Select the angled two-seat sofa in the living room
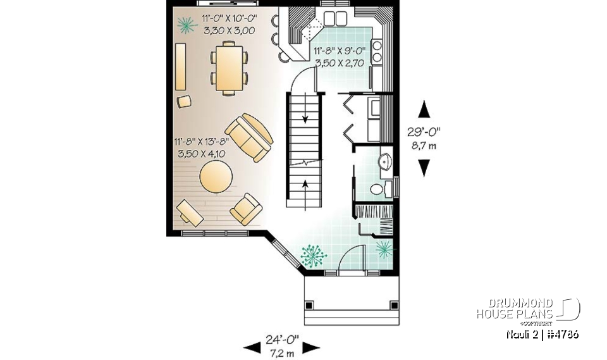click(x=250, y=137)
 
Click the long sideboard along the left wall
click(x=181, y=67)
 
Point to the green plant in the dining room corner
click(x=185, y=25)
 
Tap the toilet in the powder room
click(x=377, y=188)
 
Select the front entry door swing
click(x=352, y=259)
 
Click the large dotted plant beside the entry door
click(x=313, y=255)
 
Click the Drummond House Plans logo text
click(x=515, y=309)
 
